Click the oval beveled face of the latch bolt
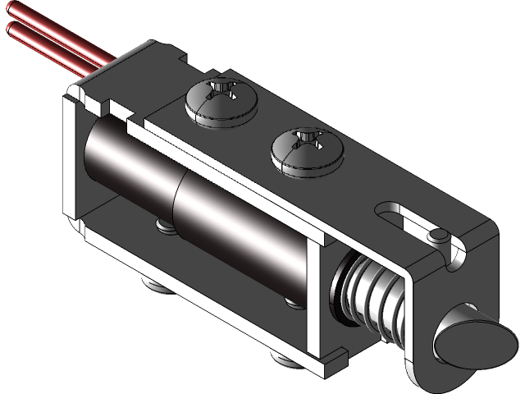point(463,337)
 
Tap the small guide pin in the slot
point(438,237)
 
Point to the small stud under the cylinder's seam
point(163,224)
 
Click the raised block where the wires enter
point(135,66)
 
